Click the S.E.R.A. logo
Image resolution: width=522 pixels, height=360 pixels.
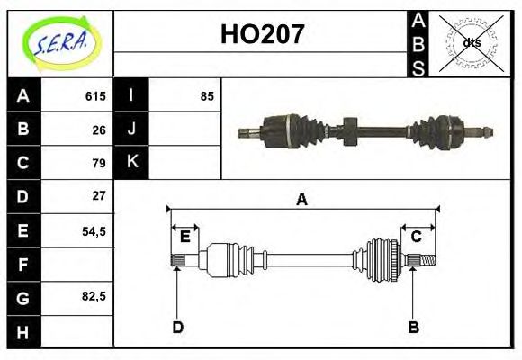[59, 43]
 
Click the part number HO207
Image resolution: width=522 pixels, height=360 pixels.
[261, 36]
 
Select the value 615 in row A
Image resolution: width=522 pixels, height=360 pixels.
[95, 95]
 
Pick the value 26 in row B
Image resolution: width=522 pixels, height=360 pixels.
[99, 130]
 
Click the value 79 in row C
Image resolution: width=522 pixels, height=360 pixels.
[99, 163]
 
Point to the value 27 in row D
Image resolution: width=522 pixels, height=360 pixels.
[99, 195]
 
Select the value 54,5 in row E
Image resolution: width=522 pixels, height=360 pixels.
[94, 230]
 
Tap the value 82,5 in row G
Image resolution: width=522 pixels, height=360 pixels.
[94, 296]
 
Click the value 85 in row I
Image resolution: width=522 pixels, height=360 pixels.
[207, 95]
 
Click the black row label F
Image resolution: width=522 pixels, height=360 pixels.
[23, 265]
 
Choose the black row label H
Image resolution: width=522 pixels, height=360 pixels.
[23, 331]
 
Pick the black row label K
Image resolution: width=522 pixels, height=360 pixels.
[131, 163]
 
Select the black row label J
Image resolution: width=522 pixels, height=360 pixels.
[131, 130]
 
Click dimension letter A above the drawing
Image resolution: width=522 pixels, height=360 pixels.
[302, 200]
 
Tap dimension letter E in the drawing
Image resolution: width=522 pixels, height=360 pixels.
[184, 237]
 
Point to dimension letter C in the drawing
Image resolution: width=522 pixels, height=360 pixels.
[416, 237]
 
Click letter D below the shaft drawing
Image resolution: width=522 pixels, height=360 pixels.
[177, 327]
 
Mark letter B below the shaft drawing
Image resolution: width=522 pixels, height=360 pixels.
[413, 327]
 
